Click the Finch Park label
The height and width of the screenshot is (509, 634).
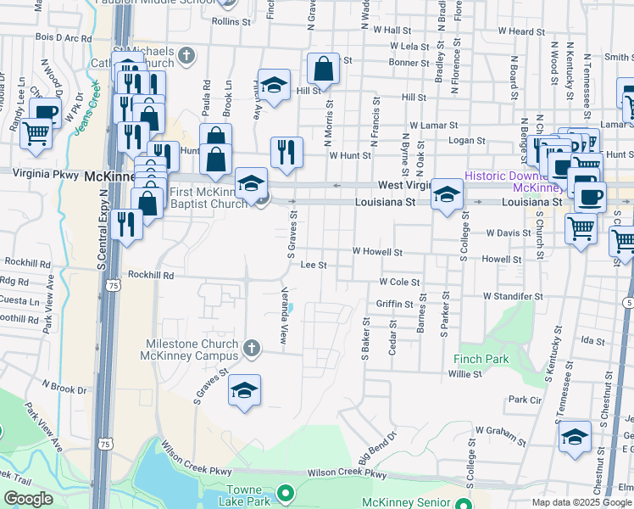(x=481, y=359)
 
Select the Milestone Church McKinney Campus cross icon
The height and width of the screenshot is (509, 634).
(x=251, y=348)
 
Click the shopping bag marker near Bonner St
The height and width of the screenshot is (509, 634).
(x=323, y=69)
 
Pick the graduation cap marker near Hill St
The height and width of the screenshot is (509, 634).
(x=274, y=85)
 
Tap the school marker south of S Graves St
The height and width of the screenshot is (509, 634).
(x=244, y=391)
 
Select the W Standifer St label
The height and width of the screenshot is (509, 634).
(x=513, y=297)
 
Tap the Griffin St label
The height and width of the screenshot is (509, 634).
(x=395, y=304)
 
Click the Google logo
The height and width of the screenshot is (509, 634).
(x=28, y=499)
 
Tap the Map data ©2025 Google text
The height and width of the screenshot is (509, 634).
(x=581, y=502)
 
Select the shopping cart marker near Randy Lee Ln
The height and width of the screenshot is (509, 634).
(x=36, y=134)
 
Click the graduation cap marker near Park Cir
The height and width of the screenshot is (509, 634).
(x=575, y=437)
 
